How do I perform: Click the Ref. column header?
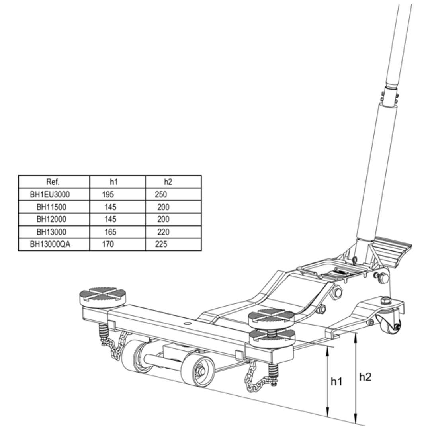[x=53, y=182]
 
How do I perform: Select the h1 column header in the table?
[x=114, y=182]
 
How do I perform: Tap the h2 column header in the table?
[x=168, y=182]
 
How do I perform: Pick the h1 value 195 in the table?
[x=107, y=195]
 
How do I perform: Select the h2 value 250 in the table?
[x=161, y=195]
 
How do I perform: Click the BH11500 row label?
[x=51, y=207]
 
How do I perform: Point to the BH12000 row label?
[x=51, y=219]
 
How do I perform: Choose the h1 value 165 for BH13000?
[x=110, y=232]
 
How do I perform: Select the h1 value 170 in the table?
[x=107, y=244]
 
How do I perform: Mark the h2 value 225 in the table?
[x=161, y=244]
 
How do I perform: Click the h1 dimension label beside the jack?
[x=336, y=381]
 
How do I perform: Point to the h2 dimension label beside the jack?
[x=365, y=377]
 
